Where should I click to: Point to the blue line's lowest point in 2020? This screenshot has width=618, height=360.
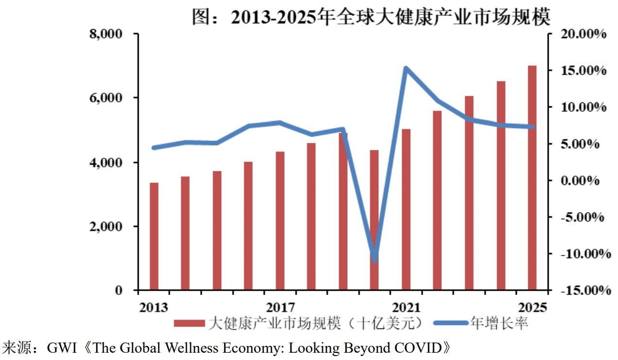(374, 260)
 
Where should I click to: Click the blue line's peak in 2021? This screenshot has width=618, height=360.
(406, 68)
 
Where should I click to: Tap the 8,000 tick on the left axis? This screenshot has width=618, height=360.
(108, 34)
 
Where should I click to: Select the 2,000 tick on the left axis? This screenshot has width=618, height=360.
(108, 227)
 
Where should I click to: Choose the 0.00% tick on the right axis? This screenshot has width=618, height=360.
(582, 180)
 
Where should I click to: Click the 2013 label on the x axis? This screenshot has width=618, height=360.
(154, 307)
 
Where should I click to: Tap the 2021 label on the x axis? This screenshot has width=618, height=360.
(406, 307)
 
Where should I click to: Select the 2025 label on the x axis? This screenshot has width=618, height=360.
(532, 307)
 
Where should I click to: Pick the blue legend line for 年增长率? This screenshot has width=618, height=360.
(449, 323)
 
